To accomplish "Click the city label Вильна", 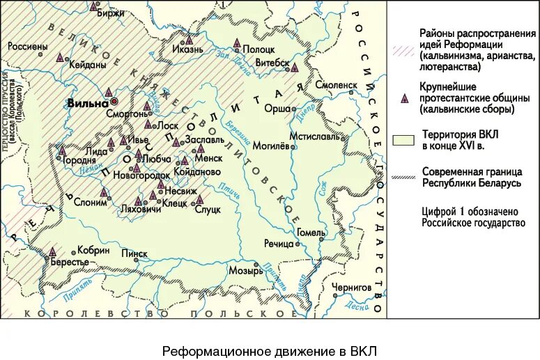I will coord(87,102).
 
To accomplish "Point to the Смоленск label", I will coord(336,84).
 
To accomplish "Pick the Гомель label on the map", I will coord(310,232).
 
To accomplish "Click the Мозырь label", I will coord(243,272).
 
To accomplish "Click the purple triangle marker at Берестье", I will coord(52,251).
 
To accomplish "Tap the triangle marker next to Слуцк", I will coord(200,199).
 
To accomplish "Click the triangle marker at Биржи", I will coord(94,6).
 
